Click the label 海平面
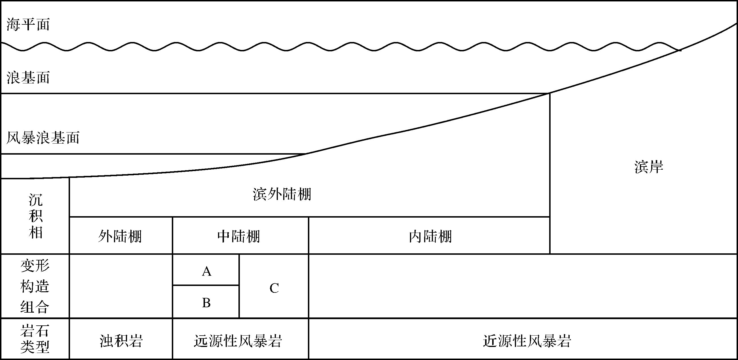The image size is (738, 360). (28, 25)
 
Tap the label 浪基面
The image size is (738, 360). (28, 78)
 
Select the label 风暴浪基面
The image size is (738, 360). (43, 138)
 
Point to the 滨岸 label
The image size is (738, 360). (649, 167)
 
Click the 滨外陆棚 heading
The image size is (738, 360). (282, 194)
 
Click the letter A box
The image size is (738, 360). (206, 271)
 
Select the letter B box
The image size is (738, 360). (206, 303)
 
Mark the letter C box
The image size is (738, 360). (274, 288)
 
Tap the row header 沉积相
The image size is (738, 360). (35, 216)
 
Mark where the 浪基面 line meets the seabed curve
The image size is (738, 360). (549, 93)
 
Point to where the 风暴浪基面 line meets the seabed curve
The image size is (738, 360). (305, 154)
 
